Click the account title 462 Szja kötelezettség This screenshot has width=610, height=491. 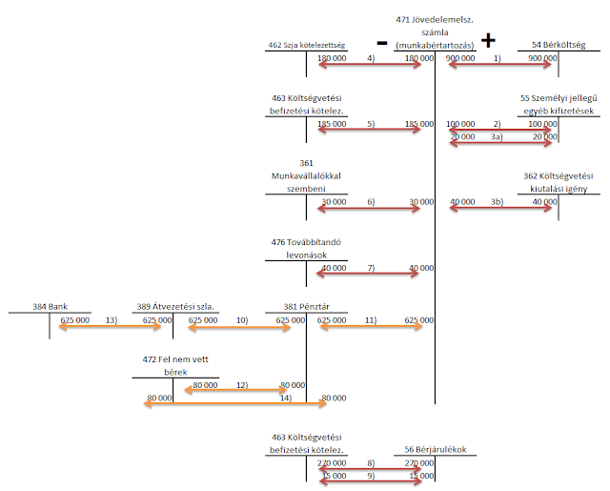(x=306, y=46)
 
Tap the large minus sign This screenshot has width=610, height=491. (x=381, y=43)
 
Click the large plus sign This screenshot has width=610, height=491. (x=489, y=40)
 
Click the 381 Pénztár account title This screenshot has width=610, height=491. (x=306, y=307)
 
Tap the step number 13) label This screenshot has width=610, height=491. (x=111, y=320)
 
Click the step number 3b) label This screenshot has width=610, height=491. (x=497, y=202)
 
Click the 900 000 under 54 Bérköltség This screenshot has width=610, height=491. (x=541, y=58)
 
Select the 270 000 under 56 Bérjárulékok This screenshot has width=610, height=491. (x=419, y=462)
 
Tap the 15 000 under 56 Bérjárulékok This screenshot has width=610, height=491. (x=421, y=475)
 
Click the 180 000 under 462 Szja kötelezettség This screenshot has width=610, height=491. (x=331, y=58)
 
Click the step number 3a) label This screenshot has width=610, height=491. (x=497, y=137)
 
